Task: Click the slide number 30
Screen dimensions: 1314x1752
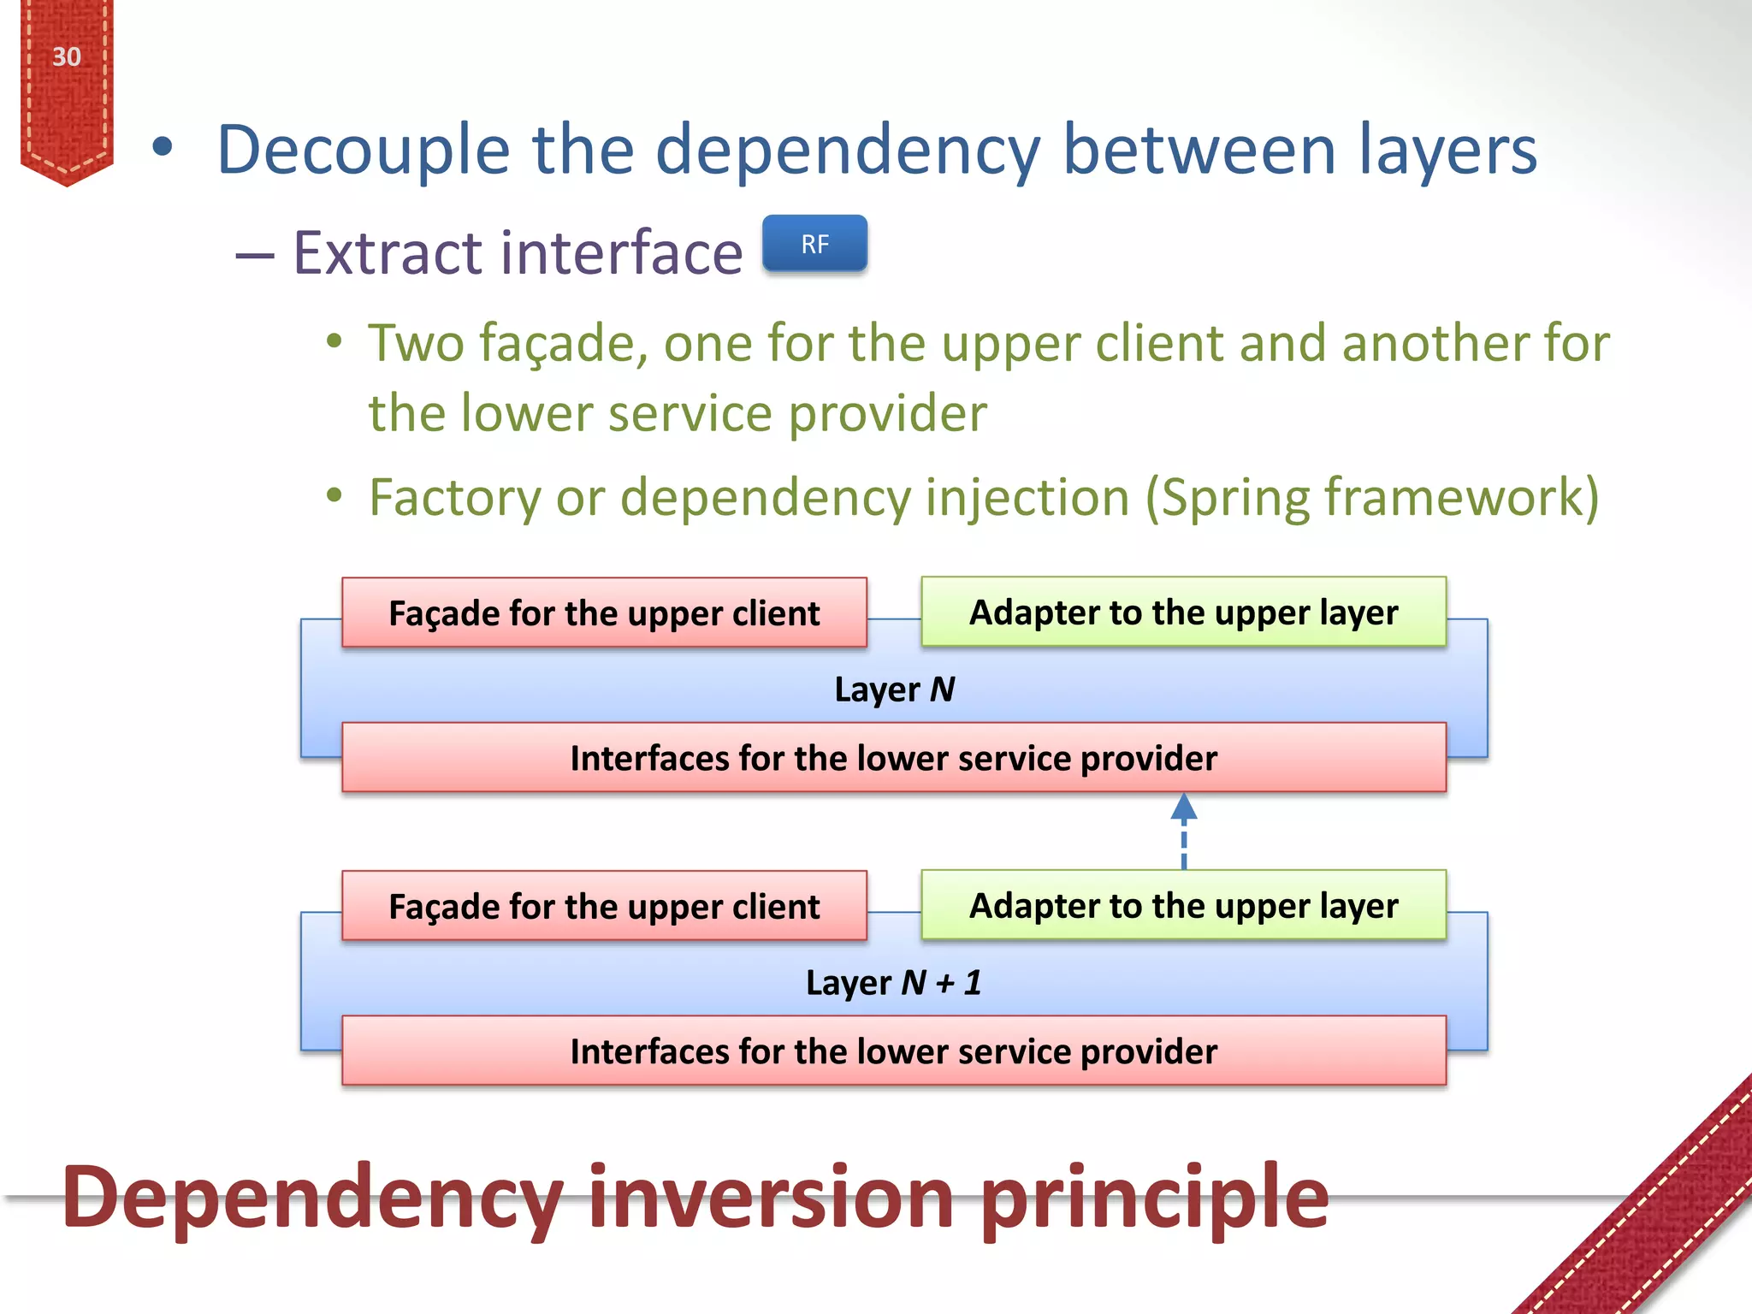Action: [x=67, y=57]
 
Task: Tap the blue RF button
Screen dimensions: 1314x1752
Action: [x=814, y=245]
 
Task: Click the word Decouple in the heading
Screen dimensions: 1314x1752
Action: [x=364, y=151]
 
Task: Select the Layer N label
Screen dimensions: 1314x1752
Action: [x=894, y=690]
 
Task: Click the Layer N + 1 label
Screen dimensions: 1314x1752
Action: [x=894, y=983]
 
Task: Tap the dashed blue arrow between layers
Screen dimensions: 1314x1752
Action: [x=1183, y=832]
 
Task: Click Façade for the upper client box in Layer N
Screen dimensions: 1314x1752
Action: [x=604, y=613]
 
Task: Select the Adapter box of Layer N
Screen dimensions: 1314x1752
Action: [x=1183, y=613]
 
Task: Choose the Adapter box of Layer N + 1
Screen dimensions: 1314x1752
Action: [x=1183, y=906]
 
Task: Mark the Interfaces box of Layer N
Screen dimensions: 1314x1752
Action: [x=894, y=759]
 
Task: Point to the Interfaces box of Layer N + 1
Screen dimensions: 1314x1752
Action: [x=894, y=1052]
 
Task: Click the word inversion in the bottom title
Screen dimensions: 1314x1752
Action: [x=771, y=1198]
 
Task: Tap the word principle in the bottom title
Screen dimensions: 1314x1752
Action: [x=1155, y=1198]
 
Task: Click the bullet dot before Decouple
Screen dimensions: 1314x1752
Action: [x=162, y=147]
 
